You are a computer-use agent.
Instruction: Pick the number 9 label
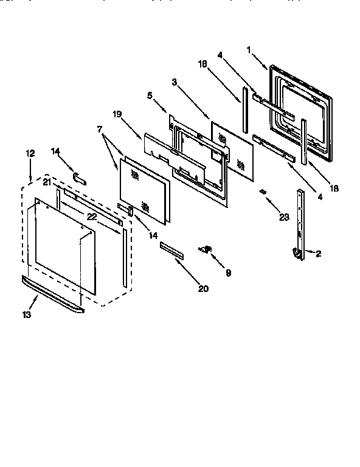pos(228,273)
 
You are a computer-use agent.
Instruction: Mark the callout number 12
pos(30,154)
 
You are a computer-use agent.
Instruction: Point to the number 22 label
pos(91,216)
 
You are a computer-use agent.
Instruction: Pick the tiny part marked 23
pos(263,192)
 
